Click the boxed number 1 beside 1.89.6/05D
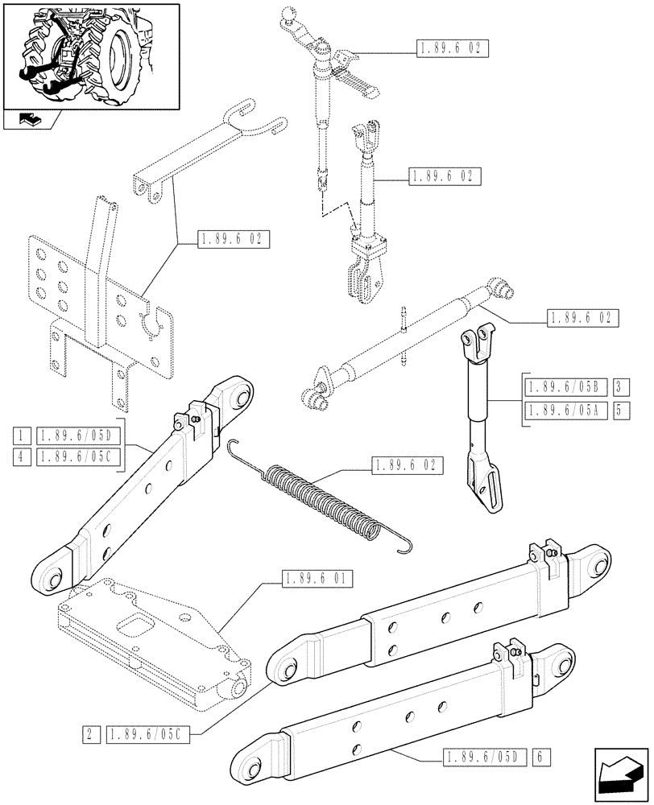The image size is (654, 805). coord(19,436)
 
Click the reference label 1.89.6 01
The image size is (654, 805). coord(317,578)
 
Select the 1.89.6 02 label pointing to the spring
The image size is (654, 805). coord(407,464)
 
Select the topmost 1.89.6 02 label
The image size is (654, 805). coord(452,48)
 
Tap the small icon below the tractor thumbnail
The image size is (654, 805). coord(27,122)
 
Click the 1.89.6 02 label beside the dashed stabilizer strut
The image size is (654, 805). coord(581,319)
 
